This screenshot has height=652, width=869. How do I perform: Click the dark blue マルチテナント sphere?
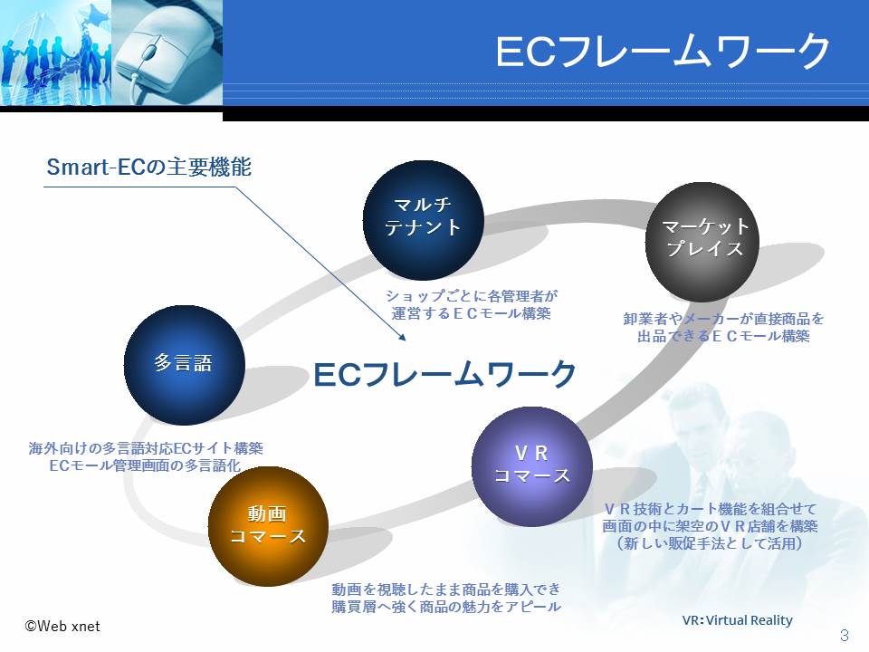424,220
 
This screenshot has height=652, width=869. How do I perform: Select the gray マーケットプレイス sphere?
702,241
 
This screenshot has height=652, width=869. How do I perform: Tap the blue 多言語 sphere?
184,365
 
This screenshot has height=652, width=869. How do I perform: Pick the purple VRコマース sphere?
532,466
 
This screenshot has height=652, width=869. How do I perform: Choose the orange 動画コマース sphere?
268,526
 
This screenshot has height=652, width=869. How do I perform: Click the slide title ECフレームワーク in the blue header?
663,51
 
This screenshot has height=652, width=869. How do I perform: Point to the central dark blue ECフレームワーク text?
445,374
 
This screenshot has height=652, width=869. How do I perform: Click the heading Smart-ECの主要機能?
149,167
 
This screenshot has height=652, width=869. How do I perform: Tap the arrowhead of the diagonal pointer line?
403,337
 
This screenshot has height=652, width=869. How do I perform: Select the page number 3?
845,635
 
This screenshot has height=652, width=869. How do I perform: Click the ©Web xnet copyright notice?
62,627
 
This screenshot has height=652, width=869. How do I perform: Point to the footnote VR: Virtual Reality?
737,619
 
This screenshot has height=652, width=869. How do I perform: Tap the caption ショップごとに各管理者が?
472,295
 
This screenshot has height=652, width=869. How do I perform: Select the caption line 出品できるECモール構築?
724,336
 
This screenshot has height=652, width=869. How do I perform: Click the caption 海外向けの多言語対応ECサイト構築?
146,448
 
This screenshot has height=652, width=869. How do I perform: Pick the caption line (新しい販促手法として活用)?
710,543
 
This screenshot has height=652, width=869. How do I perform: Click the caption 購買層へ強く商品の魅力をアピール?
446,607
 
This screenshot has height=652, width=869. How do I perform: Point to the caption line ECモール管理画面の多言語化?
145,465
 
